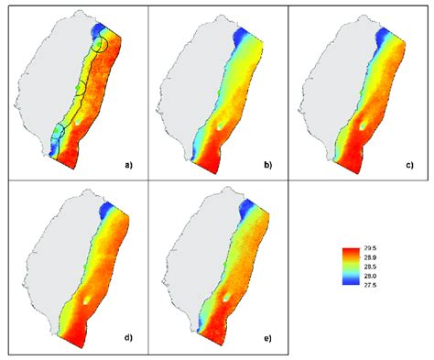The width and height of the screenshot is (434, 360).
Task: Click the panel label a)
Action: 129,166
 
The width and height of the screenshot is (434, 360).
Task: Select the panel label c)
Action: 409,166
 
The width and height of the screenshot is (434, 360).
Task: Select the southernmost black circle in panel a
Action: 58,132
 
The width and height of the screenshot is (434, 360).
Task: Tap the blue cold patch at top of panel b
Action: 241,37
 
